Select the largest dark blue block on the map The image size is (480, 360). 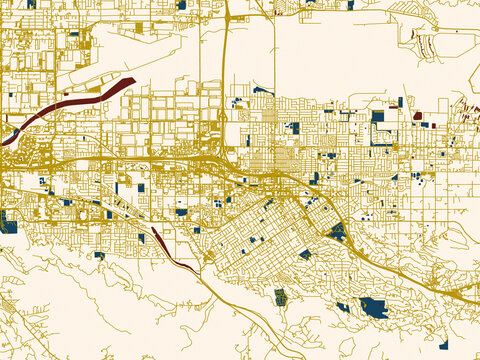(374, 308)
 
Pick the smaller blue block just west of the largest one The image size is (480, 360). (343, 306)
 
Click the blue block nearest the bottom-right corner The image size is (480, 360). (443, 345)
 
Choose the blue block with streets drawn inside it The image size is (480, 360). (280, 296)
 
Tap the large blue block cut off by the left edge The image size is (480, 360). (8, 221)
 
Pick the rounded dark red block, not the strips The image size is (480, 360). (417, 116)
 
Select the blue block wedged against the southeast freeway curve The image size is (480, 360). (337, 232)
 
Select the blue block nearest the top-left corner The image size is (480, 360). (31, 4)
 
